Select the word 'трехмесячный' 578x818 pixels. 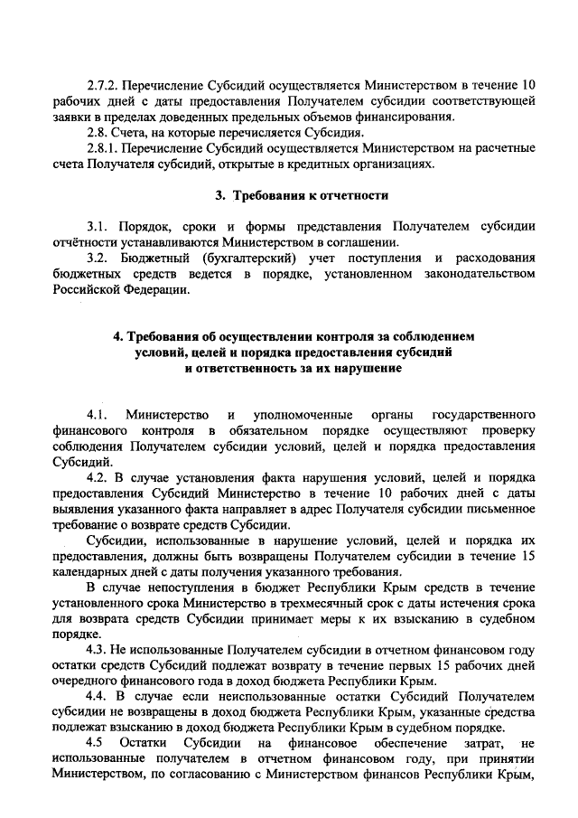coord(333,607)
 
